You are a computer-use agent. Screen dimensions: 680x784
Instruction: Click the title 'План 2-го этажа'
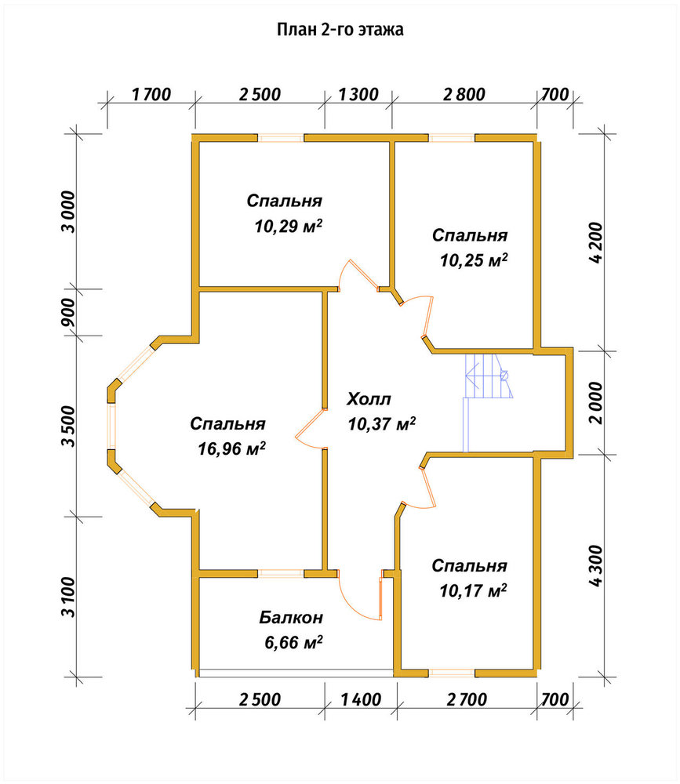(x=340, y=30)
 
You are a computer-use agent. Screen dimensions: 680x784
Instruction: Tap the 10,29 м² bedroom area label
(x=288, y=226)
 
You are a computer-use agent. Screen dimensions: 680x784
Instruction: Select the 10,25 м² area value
(x=474, y=260)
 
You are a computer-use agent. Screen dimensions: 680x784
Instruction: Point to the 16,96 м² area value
(x=231, y=448)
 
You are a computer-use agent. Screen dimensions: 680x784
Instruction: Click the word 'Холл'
(x=369, y=399)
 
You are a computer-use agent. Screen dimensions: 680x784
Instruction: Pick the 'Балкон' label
(x=291, y=618)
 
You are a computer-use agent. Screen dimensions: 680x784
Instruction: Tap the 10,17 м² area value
(x=473, y=590)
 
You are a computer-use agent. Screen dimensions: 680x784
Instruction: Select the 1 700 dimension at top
(x=151, y=94)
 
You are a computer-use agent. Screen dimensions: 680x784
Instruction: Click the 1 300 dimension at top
(x=358, y=94)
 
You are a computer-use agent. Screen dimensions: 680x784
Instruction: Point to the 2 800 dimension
(x=464, y=94)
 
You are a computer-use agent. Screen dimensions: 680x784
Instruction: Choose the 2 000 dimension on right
(x=596, y=403)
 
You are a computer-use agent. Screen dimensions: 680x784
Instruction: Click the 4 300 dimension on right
(x=596, y=565)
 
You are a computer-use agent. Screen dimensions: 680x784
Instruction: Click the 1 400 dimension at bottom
(x=361, y=699)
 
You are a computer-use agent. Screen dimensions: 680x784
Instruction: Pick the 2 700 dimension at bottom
(x=467, y=699)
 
